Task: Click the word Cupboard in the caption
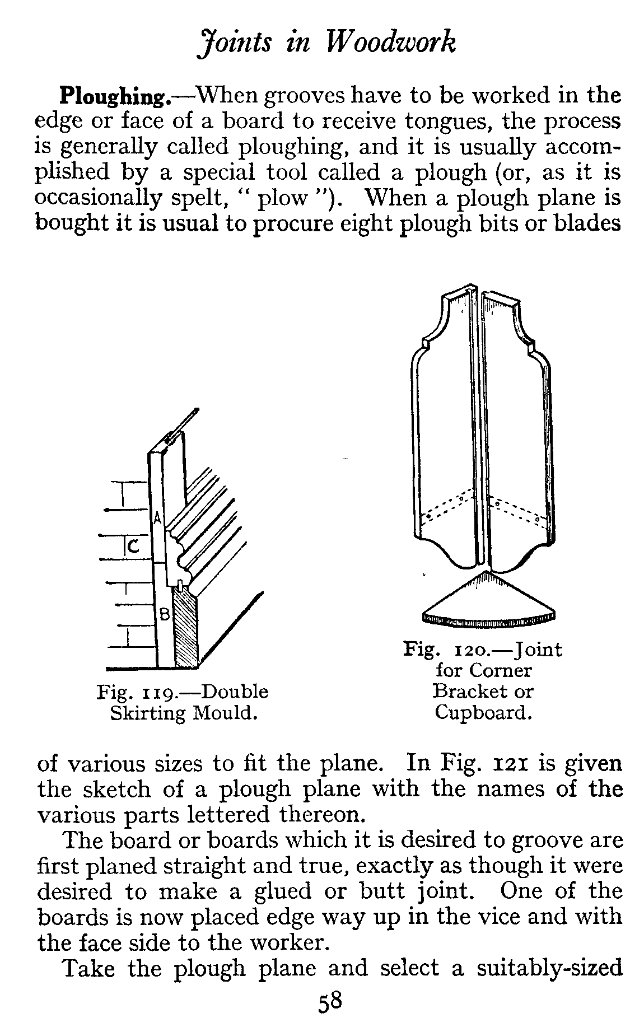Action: pos(483,713)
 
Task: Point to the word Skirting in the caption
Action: pos(147,714)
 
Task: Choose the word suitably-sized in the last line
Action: pos(549,969)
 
